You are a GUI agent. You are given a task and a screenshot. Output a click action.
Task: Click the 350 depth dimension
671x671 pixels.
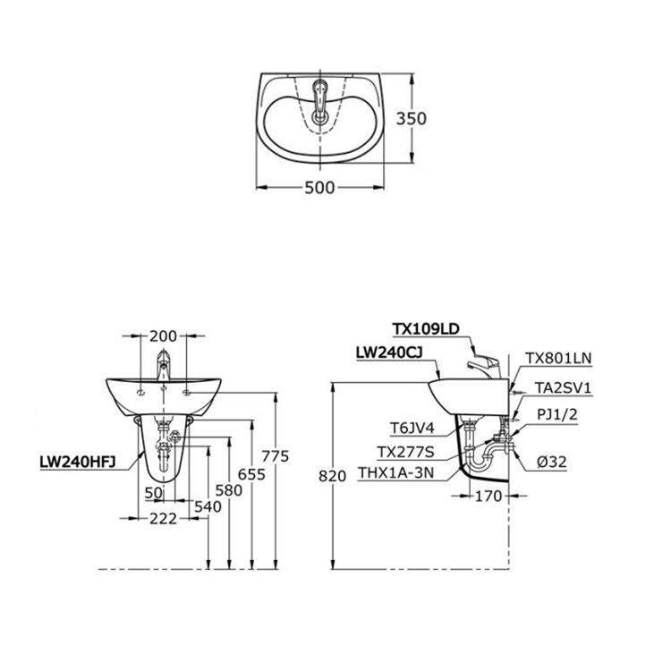click(411, 118)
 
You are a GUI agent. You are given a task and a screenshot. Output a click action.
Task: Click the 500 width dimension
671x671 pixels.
click(319, 188)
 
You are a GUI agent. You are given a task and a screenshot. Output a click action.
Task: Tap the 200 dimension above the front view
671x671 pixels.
click(163, 336)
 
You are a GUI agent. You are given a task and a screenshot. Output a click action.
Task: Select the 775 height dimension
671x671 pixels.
click(276, 456)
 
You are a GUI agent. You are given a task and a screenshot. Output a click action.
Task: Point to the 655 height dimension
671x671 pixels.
click(251, 474)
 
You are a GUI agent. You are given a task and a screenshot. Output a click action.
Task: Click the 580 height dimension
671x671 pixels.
click(229, 490)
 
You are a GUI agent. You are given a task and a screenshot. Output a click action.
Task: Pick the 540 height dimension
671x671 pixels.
click(208, 506)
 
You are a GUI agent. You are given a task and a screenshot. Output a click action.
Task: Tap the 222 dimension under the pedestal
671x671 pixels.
click(163, 519)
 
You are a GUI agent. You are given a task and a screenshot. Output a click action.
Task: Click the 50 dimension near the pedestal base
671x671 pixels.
click(154, 493)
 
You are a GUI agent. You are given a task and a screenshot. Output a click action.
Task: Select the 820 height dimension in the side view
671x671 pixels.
click(333, 476)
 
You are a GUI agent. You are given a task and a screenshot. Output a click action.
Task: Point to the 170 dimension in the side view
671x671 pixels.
click(488, 496)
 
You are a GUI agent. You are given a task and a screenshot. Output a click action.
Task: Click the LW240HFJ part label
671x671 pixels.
click(78, 462)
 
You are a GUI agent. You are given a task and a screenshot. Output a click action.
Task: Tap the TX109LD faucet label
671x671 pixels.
click(426, 328)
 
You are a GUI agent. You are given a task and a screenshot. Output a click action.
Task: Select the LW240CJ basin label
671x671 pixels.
click(389, 352)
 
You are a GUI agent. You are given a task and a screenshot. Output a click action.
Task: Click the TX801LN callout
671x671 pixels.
click(558, 358)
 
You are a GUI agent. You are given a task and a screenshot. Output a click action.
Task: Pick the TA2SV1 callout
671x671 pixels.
click(563, 387)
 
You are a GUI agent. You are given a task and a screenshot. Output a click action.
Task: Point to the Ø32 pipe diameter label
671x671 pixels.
click(552, 462)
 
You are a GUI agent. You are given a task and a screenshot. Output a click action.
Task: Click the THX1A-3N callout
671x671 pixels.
click(396, 473)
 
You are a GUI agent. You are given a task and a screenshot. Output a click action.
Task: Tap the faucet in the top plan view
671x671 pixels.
click(319, 101)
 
